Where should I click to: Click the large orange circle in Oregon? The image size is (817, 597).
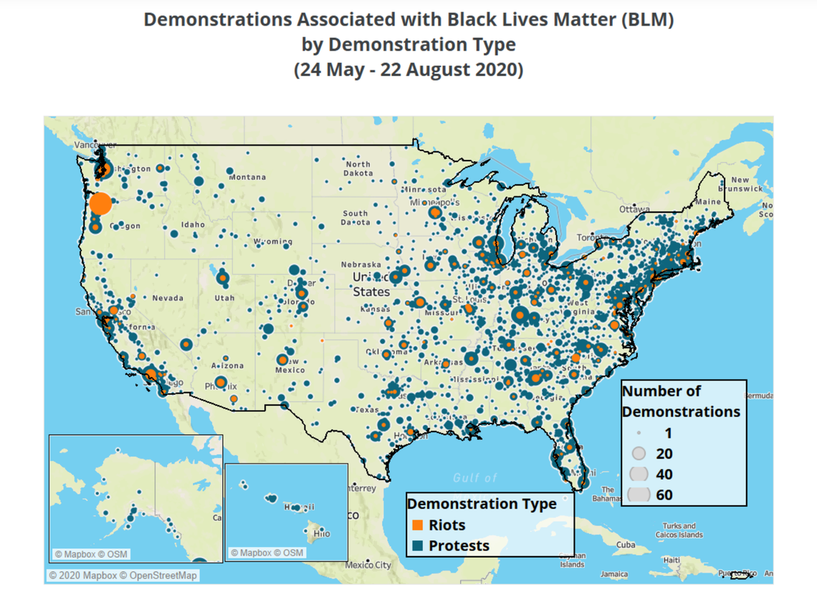(x=100, y=204)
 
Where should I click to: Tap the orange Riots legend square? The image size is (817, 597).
(x=418, y=525)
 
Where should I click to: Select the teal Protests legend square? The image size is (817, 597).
(x=418, y=546)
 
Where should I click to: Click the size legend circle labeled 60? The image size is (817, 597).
(x=638, y=494)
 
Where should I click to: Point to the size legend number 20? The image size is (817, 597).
(x=664, y=454)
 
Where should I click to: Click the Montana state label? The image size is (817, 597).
(x=247, y=177)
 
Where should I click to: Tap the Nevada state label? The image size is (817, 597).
(x=167, y=297)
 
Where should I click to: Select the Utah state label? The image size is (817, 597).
(x=224, y=297)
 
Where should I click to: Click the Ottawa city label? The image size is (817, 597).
(x=634, y=209)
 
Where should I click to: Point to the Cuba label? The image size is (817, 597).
(x=626, y=545)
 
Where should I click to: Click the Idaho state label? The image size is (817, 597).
(x=193, y=224)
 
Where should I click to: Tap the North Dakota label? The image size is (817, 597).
(x=358, y=168)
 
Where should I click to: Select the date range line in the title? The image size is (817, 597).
(x=408, y=70)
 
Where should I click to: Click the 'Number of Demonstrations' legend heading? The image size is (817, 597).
(x=680, y=401)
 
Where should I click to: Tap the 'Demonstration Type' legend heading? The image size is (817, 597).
(x=482, y=504)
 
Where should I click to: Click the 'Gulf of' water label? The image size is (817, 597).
(x=474, y=478)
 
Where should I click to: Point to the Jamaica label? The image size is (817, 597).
(x=614, y=574)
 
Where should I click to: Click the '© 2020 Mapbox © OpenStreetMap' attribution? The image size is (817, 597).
(x=123, y=575)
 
